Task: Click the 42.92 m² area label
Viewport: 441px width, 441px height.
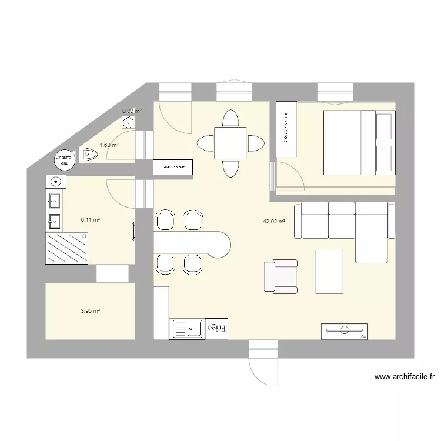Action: [x=274, y=222]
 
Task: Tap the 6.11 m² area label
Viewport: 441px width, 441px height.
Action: [x=90, y=219]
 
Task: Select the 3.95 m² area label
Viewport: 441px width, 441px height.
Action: [x=90, y=311]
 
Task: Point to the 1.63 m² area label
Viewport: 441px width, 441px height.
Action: [x=109, y=145]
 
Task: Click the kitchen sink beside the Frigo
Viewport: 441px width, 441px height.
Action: [x=186, y=328]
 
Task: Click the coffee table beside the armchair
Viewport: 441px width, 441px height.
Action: [x=329, y=271]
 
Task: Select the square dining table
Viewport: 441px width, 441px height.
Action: [x=230, y=143]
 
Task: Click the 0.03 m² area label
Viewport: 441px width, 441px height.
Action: [x=132, y=111]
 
